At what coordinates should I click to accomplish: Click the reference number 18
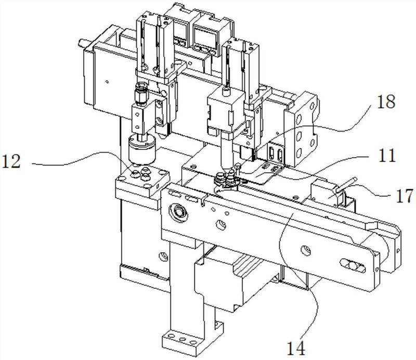pyautogui.click(x=386, y=101)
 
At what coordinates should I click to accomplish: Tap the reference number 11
pyautogui.click(x=386, y=156)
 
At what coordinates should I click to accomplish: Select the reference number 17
pyautogui.click(x=405, y=196)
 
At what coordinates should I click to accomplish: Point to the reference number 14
pyautogui.click(x=296, y=348)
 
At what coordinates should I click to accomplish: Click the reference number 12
pyautogui.click(x=11, y=161)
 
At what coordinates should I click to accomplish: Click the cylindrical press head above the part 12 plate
pyautogui.click(x=142, y=149)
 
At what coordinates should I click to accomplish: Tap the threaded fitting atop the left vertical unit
pyautogui.click(x=140, y=93)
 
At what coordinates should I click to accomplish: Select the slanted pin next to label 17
pyautogui.click(x=346, y=185)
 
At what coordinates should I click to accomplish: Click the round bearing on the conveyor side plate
pyautogui.click(x=178, y=212)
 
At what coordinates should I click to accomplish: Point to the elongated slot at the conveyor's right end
pyautogui.click(x=353, y=265)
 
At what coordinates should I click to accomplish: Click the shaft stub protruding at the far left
pyautogui.click(x=84, y=43)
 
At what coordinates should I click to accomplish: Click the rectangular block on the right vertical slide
pyautogui.click(x=226, y=111)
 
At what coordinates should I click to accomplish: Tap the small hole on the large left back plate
pyautogui.click(x=107, y=82)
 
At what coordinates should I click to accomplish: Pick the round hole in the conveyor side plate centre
pyautogui.click(x=305, y=250)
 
